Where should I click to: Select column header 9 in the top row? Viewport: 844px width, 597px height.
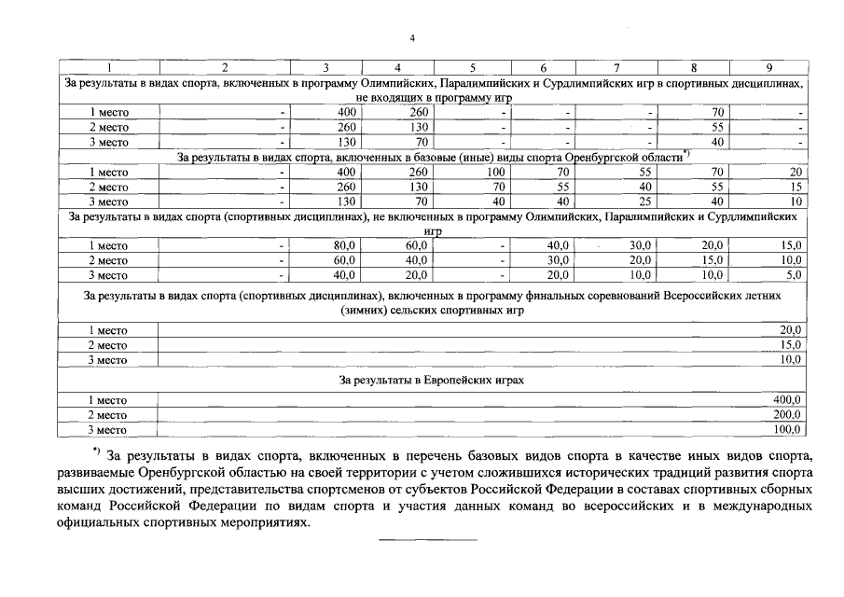click(x=768, y=68)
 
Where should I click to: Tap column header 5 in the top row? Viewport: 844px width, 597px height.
click(x=472, y=68)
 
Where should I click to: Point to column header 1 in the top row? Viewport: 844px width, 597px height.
click(x=108, y=68)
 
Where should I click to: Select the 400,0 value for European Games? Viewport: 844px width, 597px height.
click(x=788, y=400)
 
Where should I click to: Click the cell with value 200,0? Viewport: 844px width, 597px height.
click(x=788, y=415)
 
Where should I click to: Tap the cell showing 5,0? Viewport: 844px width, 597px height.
click(x=793, y=275)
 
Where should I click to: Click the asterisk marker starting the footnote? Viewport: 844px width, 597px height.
click(x=96, y=452)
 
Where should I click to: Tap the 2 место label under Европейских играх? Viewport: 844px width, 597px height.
click(x=108, y=415)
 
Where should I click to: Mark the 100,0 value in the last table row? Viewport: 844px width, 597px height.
click(x=788, y=430)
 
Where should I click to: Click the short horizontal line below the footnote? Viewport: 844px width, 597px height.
click(x=426, y=540)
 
